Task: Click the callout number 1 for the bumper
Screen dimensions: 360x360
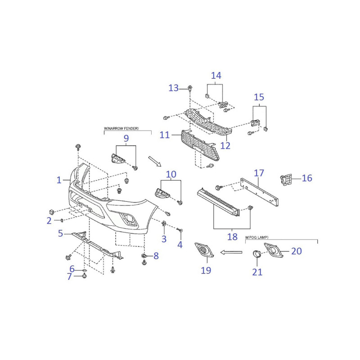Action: (x=59, y=180)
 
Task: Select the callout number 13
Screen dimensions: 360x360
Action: (x=174, y=88)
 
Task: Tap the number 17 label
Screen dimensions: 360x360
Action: (x=259, y=173)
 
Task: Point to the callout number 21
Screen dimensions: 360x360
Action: (x=257, y=272)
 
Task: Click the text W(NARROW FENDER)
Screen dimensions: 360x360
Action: (x=121, y=128)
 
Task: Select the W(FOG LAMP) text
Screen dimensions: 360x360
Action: (x=256, y=238)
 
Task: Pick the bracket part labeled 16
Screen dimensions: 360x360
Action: (x=286, y=180)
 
